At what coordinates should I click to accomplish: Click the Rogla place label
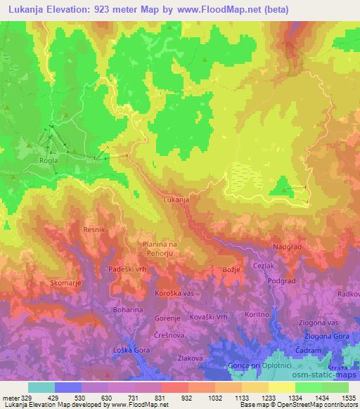(x=48, y=160)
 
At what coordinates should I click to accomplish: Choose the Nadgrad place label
(x=286, y=247)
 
